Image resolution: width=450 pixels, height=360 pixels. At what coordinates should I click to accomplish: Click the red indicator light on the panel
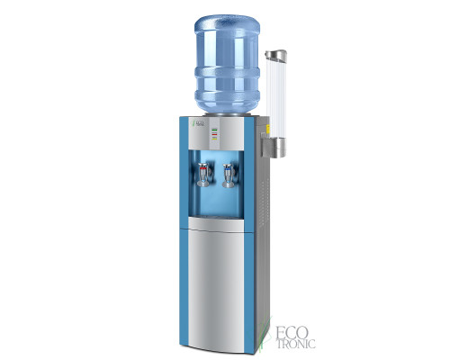coord(214,140)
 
